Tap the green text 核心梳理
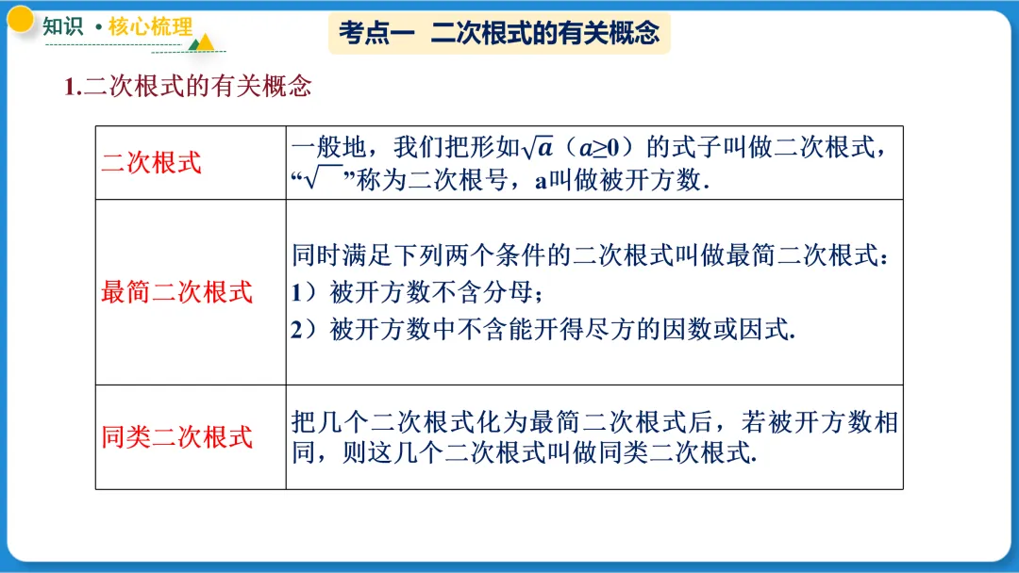click(150, 26)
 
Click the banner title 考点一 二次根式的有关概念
click(499, 34)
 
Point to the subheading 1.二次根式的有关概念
click(188, 88)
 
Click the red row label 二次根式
click(152, 162)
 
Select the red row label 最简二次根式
click(177, 292)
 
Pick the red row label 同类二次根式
click(177, 437)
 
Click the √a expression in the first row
click(538, 148)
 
